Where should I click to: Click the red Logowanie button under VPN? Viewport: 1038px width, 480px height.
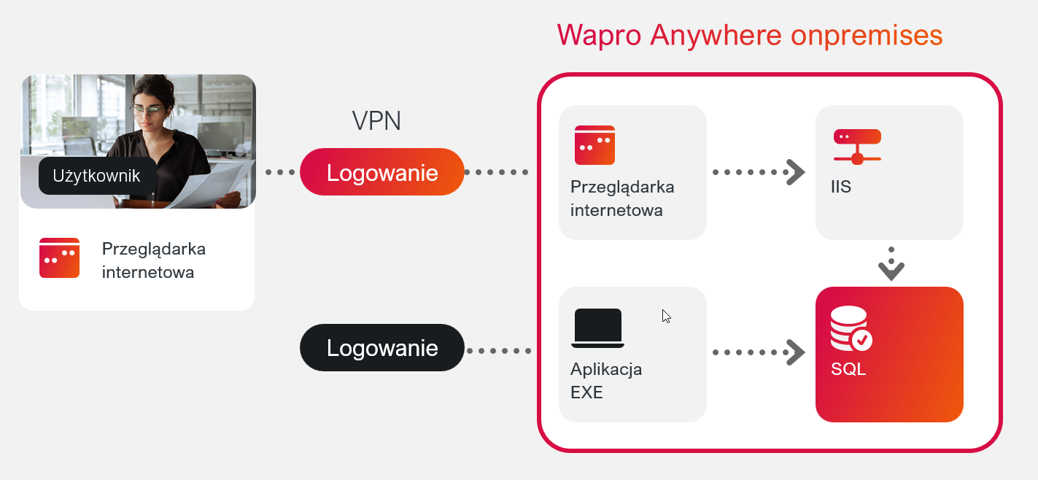(381, 172)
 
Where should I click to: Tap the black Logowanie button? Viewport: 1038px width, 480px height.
(381, 348)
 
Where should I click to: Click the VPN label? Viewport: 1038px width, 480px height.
(376, 121)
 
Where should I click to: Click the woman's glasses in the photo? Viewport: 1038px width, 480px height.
(148, 111)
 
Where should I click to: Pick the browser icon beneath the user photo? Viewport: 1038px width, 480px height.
(59, 258)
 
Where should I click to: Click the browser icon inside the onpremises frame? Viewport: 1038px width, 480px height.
(594, 145)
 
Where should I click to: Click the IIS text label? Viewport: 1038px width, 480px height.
(840, 187)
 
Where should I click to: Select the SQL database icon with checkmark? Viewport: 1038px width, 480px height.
(851, 330)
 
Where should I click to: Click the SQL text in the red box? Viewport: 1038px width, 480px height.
(848, 369)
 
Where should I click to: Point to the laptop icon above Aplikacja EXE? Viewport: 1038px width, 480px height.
(598, 328)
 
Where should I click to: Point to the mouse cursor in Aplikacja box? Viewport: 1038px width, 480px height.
(666, 316)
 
